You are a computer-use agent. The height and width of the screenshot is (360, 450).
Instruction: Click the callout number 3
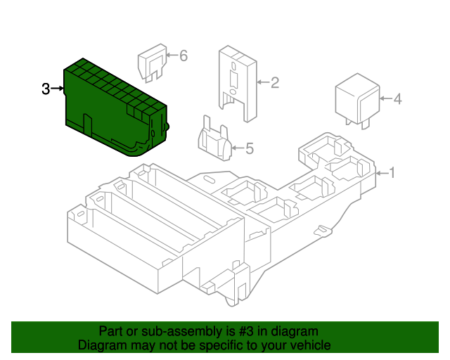(46, 89)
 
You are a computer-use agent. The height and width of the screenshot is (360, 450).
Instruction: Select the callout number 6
(184, 56)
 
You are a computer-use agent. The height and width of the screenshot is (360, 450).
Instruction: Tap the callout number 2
(275, 84)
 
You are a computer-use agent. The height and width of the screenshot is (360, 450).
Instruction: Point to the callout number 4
(397, 99)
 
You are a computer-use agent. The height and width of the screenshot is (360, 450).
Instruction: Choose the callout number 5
(249, 148)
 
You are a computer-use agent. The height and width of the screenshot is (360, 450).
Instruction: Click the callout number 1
(392, 172)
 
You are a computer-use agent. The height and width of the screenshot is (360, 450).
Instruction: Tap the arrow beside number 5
(236, 148)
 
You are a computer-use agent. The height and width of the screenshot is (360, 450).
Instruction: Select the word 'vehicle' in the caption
(309, 345)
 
